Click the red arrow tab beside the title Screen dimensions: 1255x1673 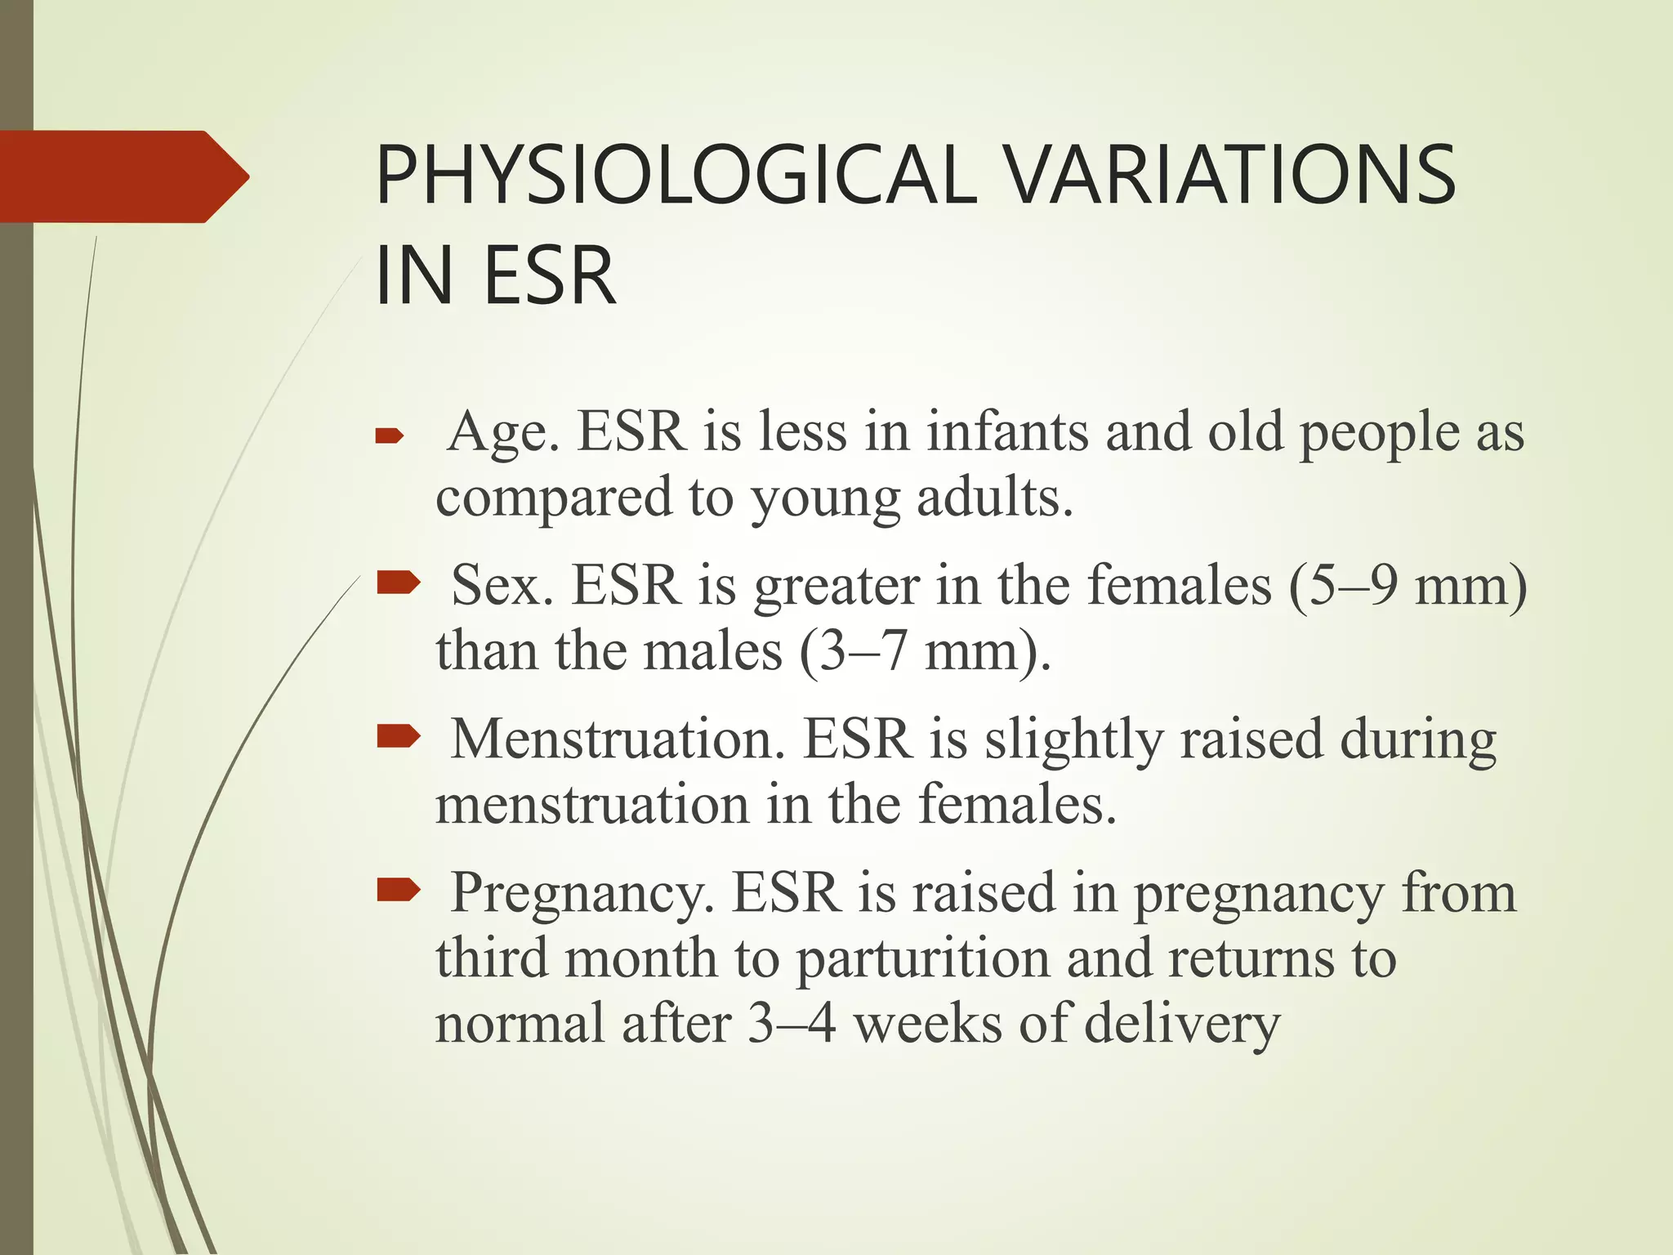(x=123, y=176)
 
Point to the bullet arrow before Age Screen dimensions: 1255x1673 (x=390, y=437)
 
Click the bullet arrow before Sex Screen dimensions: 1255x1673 (x=398, y=583)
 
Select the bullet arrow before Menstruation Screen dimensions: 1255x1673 (x=398, y=737)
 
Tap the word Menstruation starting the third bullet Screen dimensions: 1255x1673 (x=617, y=739)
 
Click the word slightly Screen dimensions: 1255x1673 (x=1073, y=740)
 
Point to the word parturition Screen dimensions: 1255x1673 (x=922, y=959)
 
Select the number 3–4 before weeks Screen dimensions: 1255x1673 (x=792, y=1023)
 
